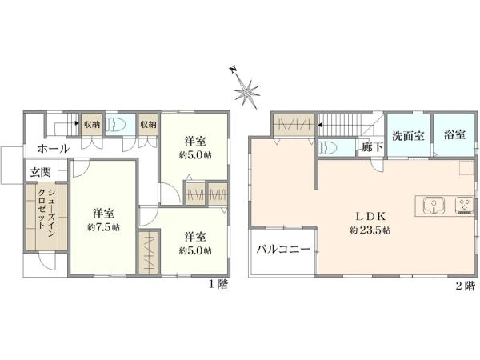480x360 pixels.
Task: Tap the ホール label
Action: tap(53, 149)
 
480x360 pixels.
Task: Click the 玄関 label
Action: tap(41, 172)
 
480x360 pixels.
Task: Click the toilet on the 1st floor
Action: tap(116, 125)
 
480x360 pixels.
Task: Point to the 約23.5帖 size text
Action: tap(370, 230)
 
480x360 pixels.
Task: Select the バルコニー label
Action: tap(282, 250)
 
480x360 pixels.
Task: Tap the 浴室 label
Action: tap(454, 134)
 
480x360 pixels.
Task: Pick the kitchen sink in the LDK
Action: tap(432, 206)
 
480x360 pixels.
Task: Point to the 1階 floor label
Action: tap(218, 284)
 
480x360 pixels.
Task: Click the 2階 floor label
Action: tap(466, 285)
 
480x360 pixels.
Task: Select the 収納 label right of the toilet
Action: tap(147, 124)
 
